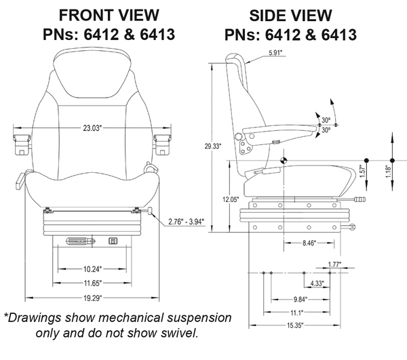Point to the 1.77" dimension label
tap(334, 265)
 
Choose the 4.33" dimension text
tap(317, 283)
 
